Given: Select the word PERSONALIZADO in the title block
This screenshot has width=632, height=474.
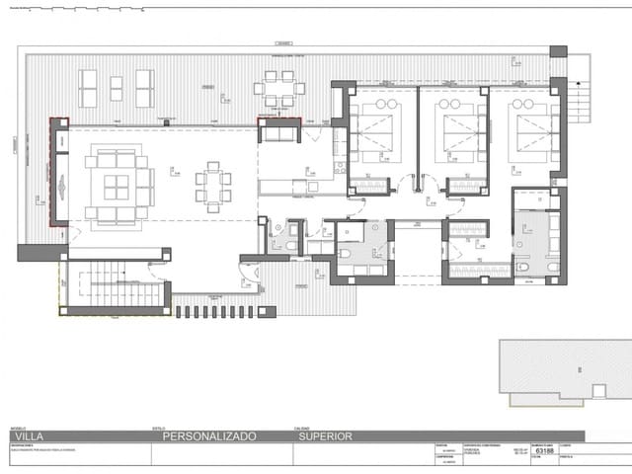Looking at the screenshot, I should [209, 434].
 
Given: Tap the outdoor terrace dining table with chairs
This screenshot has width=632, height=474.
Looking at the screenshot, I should [279, 89].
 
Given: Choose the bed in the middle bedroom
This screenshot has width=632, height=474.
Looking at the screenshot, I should [454, 128].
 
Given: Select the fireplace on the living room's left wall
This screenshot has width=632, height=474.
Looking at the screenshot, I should [60, 185].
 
